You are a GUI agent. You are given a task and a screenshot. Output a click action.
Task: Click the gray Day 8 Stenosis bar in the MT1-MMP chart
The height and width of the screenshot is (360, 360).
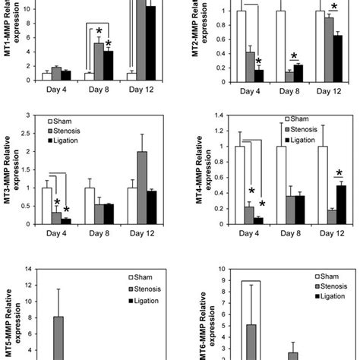pos(98,62)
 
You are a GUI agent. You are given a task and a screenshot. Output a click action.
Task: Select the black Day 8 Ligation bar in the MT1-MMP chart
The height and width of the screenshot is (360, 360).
pos(109,65)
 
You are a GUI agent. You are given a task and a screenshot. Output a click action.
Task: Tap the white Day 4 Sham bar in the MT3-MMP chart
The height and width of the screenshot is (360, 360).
pos(46,206)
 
